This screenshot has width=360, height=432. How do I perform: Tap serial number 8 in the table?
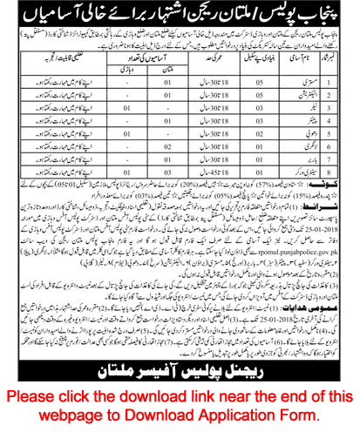[346, 177]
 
